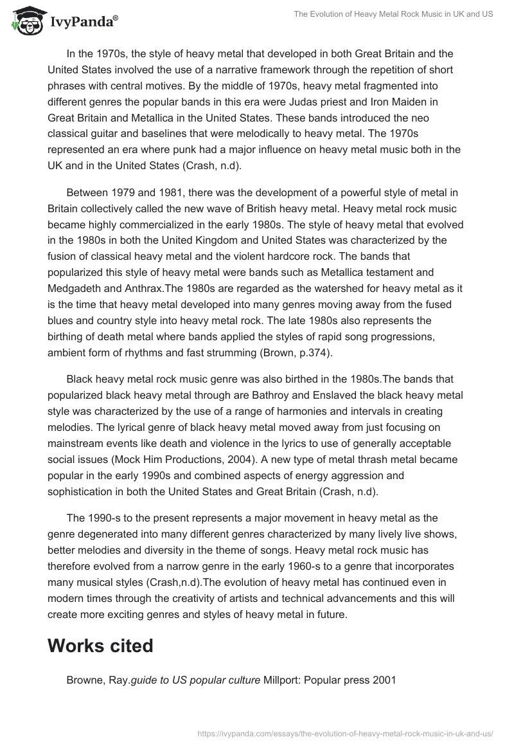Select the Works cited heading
coord(100,645)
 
